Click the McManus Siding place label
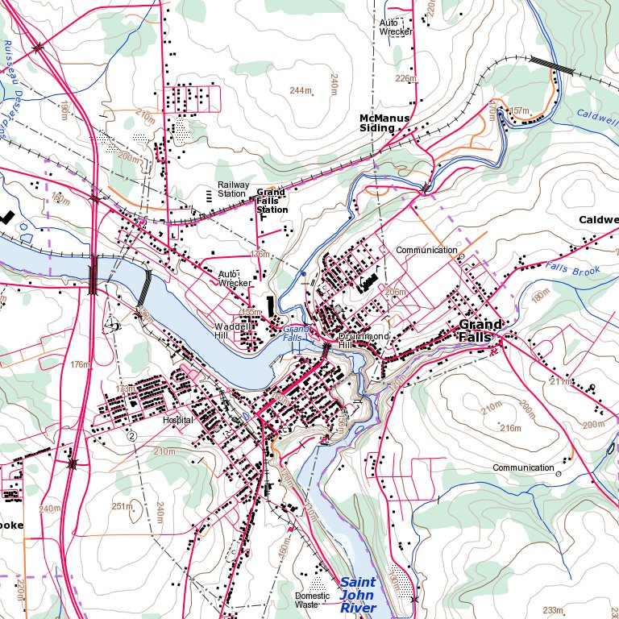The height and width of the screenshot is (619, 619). point(384,123)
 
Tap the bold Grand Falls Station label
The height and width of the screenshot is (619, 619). point(272,201)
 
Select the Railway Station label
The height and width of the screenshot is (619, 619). point(233,189)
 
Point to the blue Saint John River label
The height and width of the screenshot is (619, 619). point(358,595)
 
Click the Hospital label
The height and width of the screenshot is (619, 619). point(178,421)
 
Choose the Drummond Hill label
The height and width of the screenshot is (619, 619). point(364,340)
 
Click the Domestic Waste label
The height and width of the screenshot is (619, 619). point(312,600)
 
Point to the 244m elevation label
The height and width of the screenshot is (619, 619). point(301,90)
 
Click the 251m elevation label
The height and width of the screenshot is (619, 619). point(122,506)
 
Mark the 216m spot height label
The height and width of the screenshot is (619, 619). point(510,427)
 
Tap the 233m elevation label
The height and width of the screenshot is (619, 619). point(553,610)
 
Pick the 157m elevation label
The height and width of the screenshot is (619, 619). point(520,110)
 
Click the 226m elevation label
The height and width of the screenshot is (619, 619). point(405,79)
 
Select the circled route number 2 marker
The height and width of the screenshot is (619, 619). point(131,435)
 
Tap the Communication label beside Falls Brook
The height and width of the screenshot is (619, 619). point(426,250)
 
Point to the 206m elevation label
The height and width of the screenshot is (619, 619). point(395,292)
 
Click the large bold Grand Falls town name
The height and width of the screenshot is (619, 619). point(481,330)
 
